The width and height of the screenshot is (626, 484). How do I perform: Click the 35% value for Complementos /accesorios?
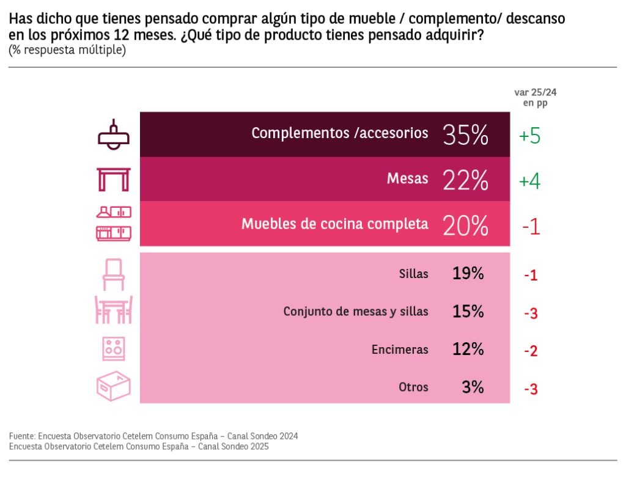(465, 135)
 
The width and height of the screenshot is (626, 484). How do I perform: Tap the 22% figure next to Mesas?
(465, 180)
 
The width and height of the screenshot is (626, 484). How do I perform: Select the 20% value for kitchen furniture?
(465, 226)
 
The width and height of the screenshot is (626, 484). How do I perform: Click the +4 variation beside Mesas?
(529, 182)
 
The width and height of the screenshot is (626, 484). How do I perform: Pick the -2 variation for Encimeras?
(530, 351)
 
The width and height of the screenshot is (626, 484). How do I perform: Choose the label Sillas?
(414, 274)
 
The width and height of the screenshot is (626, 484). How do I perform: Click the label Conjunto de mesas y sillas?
(356, 312)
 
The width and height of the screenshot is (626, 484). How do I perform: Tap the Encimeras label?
(400, 350)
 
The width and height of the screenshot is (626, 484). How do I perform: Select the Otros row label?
(414, 387)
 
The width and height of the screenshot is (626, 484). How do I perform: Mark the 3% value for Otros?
(473, 387)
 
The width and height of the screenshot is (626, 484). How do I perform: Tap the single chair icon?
(114, 274)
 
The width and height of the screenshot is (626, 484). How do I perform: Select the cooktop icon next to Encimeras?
(114, 349)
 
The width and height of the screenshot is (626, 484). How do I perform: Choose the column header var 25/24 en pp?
(535, 97)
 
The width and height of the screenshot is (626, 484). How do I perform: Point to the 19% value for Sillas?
(468, 274)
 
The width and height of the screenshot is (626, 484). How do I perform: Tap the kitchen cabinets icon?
(114, 224)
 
